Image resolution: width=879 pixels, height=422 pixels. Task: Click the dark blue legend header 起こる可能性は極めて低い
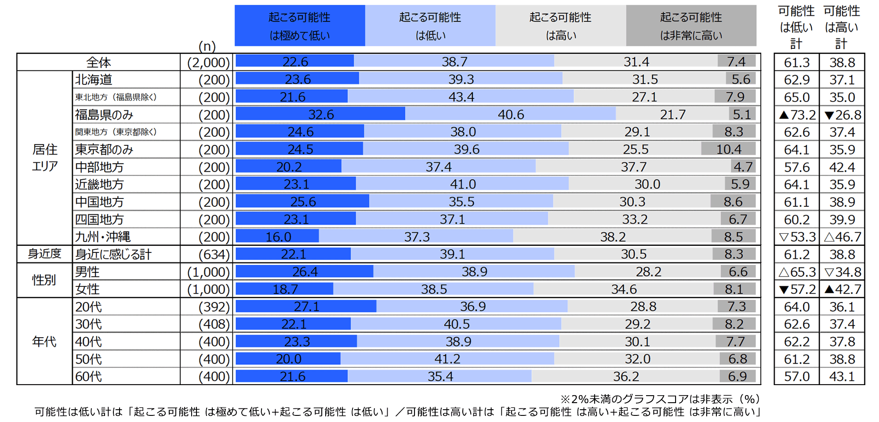[x=300, y=25]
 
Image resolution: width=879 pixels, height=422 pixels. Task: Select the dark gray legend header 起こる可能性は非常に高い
[x=691, y=25]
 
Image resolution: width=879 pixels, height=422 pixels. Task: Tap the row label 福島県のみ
[x=104, y=115]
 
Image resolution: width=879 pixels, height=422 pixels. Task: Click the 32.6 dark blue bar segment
[x=320, y=114]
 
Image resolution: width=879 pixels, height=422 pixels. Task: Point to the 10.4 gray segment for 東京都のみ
[x=728, y=149]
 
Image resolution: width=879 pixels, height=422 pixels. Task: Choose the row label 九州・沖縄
[x=103, y=237]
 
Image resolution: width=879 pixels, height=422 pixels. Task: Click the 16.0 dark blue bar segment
[x=278, y=237]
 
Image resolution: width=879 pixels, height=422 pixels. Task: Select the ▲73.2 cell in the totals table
[x=797, y=115]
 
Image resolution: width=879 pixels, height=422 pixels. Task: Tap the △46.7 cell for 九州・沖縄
[x=842, y=237]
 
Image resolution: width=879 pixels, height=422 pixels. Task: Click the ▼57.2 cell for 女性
[x=797, y=289]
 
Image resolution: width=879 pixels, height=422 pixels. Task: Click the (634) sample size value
[x=214, y=254]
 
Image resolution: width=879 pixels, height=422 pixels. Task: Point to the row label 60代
[x=88, y=376]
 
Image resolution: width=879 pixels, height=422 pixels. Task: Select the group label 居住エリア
[x=44, y=158]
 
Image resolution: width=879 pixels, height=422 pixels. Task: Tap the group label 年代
[x=44, y=341]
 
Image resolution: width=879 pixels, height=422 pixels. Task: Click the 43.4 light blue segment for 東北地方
[x=461, y=97]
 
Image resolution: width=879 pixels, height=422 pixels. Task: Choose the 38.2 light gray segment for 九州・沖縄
[x=613, y=237]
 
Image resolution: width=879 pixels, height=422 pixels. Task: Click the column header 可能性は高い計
[x=842, y=27]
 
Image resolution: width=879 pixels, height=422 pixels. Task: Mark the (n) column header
[x=207, y=46]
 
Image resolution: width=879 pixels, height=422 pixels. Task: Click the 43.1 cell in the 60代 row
[x=842, y=376]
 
